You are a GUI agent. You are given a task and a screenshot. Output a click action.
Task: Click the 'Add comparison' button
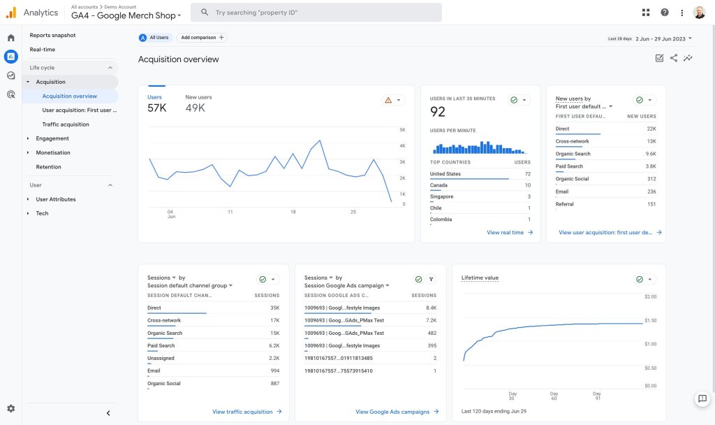202,38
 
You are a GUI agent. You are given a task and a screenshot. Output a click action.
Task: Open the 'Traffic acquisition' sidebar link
66,124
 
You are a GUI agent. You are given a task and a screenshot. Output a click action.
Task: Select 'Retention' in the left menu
48,166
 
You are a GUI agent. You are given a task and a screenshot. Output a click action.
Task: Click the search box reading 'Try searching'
316,13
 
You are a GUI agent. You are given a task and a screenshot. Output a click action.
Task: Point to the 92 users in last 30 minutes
437,112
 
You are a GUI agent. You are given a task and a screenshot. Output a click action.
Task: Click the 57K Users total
157,108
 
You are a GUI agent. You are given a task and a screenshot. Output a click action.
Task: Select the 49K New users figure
196,108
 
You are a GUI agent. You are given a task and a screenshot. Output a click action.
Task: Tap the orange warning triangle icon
388,100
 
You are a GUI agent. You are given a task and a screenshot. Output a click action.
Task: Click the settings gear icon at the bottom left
11,408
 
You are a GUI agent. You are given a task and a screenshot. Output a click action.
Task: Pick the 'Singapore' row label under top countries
441,196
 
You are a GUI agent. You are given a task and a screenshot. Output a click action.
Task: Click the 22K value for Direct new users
651,129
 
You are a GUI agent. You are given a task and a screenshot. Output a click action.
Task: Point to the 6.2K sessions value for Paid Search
274,345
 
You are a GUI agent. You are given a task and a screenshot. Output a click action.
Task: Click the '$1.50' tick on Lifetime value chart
651,320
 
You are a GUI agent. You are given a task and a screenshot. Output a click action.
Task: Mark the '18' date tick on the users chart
293,212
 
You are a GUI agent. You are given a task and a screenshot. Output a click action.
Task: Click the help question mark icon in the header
665,13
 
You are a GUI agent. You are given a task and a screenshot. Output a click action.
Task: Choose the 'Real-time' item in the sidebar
43,50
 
